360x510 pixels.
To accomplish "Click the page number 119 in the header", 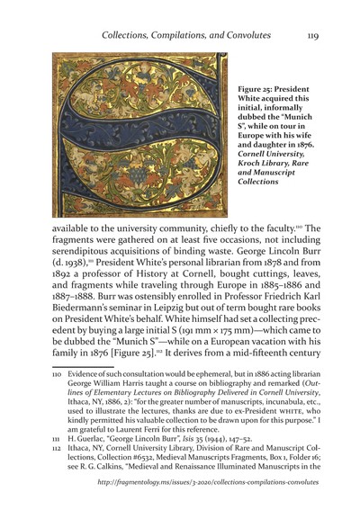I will click(x=312, y=35).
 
